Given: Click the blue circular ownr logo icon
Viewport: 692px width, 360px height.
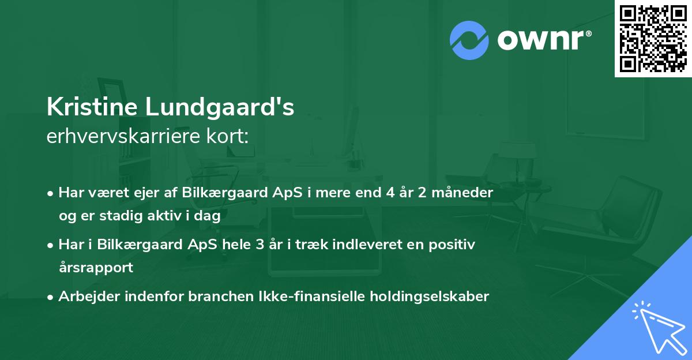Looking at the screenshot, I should pos(469,40).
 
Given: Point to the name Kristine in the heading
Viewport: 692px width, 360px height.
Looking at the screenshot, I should pos(91,108).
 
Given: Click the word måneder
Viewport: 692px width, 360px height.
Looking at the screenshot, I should pos(467,193).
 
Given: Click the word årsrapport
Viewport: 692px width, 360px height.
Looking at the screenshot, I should pos(96,268).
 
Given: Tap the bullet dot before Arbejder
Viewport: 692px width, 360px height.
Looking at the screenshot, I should pos(51,297).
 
